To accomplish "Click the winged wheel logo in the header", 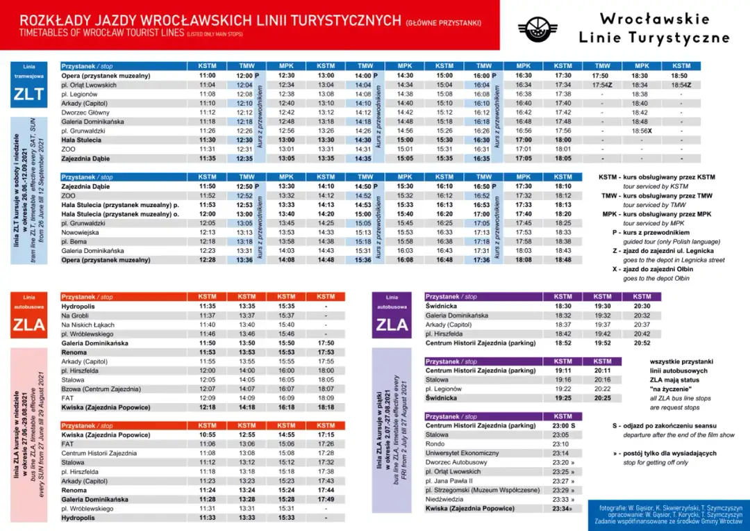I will tap(537, 28).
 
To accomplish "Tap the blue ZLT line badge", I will tap(29, 95).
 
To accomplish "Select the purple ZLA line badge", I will tap(392, 324).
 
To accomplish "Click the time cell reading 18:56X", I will tap(640, 131).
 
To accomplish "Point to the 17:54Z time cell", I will tap(601, 85).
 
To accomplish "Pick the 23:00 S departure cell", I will tap(563, 425).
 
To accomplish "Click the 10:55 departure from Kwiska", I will tap(207, 435).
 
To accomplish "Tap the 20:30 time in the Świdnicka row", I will tap(642, 306).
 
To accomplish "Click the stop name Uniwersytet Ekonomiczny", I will tap(462, 453).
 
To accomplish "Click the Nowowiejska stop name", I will tap(83, 232).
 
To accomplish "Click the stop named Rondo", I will tap(435, 444).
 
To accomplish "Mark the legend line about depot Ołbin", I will tap(656, 269).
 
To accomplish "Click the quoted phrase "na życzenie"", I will tap(670, 389).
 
